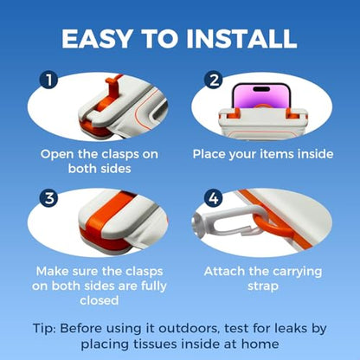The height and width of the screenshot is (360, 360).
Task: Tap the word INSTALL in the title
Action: pos(241,39)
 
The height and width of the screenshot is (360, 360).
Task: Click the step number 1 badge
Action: pos(49,80)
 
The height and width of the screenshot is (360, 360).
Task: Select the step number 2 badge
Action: pos(214,80)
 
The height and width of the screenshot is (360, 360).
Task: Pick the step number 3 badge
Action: pos(49,198)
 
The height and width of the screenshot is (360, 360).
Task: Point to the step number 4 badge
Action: pos(214,198)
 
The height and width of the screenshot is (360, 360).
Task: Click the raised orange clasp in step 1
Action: pos(111,87)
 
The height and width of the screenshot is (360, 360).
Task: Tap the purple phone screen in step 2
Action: pos(261,97)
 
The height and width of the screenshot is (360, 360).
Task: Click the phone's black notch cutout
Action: pos(261,88)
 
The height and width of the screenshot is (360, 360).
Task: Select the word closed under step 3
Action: pos(100,300)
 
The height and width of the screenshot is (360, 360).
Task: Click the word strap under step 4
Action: pos(263,286)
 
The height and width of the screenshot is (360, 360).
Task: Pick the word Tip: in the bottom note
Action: pos(44,328)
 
